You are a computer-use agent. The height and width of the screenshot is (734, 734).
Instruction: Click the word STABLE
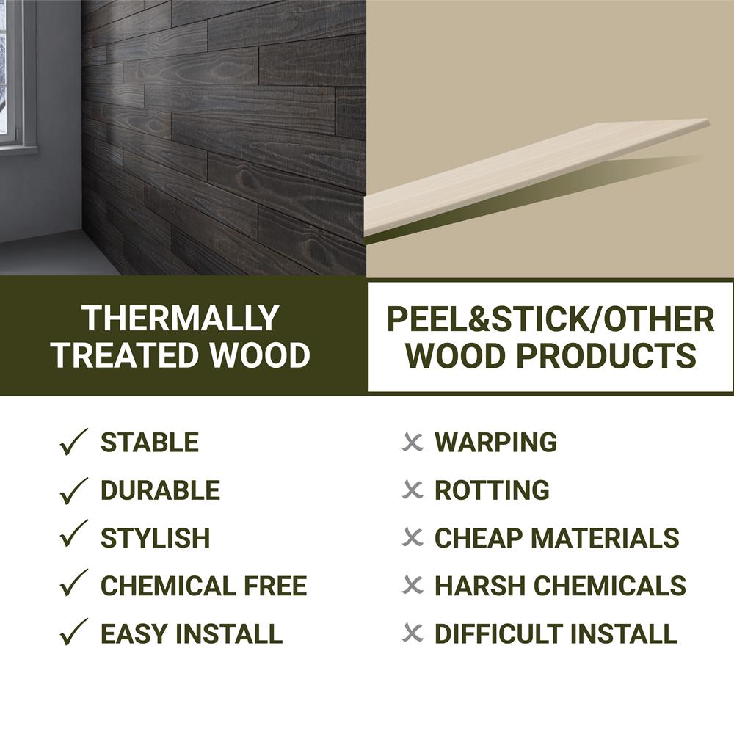point(150,443)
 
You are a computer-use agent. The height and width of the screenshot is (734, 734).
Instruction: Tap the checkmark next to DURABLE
point(73,490)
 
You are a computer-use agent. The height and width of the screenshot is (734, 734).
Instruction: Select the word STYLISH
point(156,538)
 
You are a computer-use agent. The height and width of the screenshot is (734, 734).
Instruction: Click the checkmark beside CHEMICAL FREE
point(73,583)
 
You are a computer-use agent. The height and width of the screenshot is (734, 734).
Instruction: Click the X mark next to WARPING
point(413,442)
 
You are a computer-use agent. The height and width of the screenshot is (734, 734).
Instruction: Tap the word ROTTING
point(492,490)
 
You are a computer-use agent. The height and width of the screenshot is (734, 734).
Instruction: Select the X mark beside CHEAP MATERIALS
point(413,538)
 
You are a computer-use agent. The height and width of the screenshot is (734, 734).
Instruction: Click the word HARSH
point(480,586)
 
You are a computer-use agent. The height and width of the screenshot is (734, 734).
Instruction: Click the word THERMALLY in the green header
point(181,319)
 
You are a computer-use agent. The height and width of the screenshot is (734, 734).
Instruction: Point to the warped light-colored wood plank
point(536,178)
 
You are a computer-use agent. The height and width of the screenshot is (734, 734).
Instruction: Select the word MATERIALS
point(606,538)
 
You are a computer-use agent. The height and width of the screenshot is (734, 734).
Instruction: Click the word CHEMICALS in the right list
point(610,586)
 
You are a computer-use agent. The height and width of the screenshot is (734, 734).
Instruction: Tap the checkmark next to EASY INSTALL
point(73,632)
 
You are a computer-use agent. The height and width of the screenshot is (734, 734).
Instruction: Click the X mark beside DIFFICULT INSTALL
point(413,633)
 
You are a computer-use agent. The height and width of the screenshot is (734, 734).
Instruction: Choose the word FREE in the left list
point(275,586)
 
